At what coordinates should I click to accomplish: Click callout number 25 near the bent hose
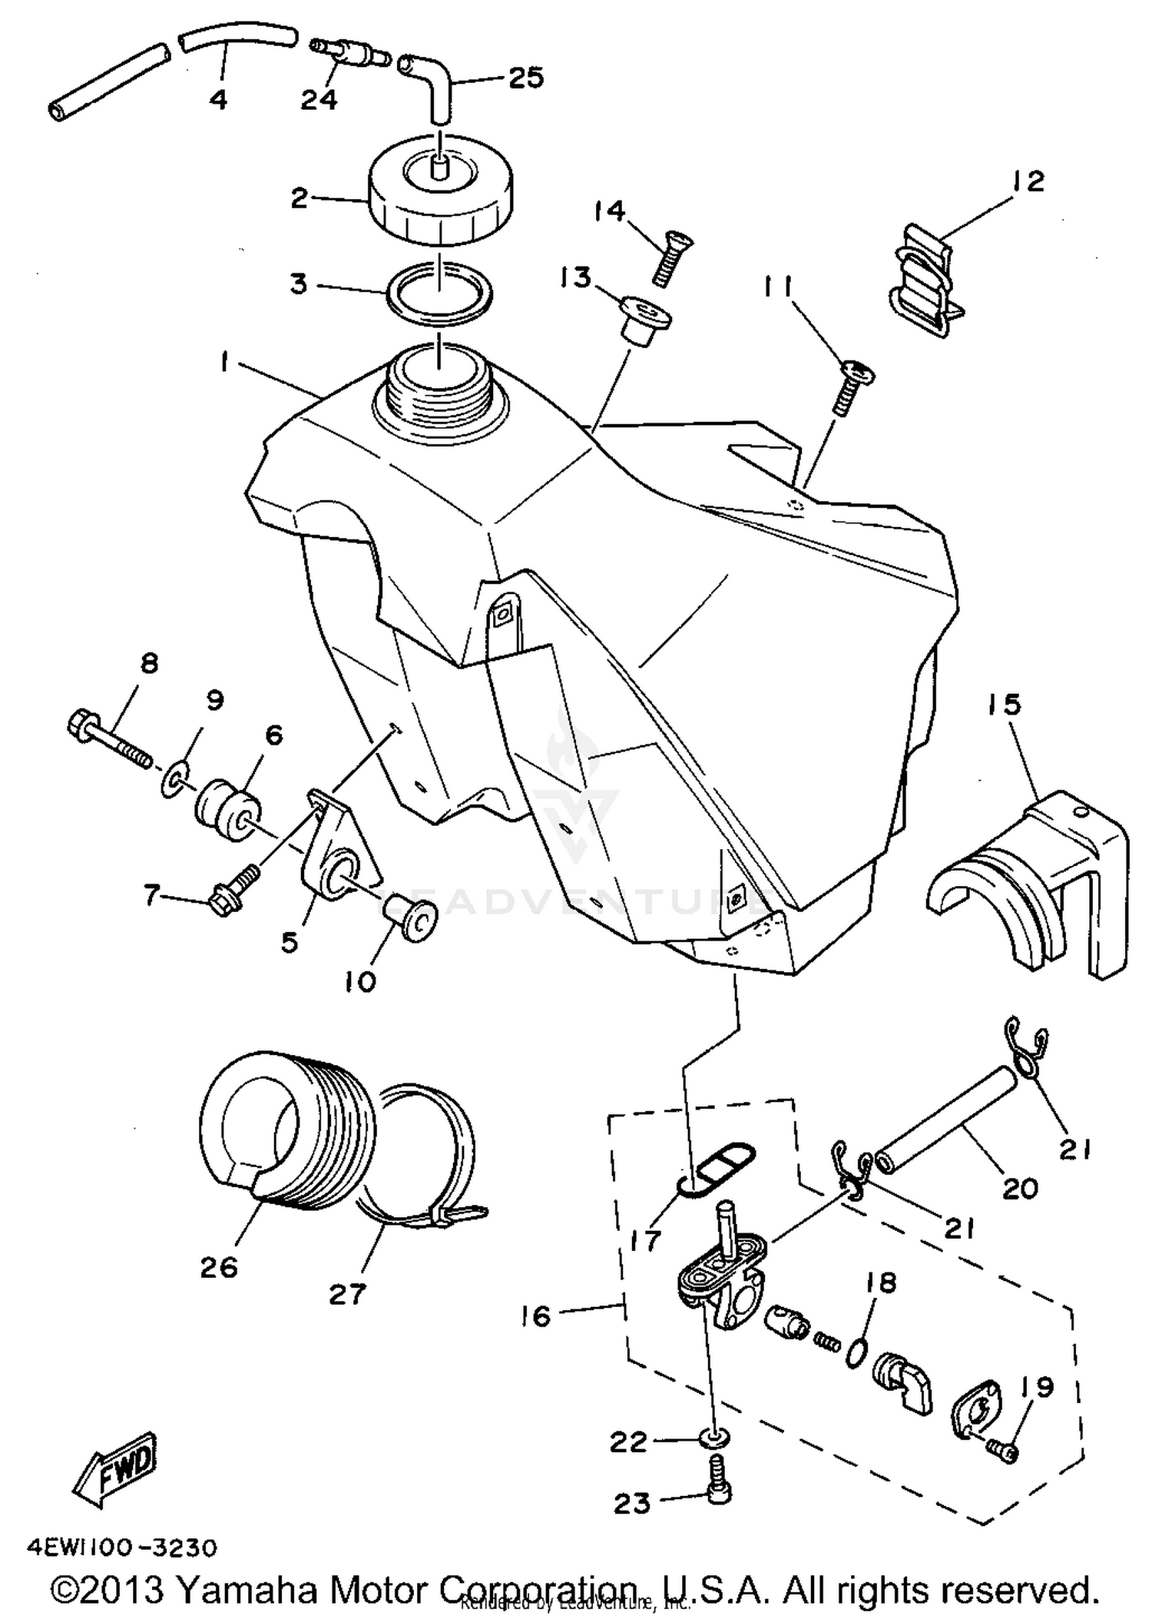point(526,78)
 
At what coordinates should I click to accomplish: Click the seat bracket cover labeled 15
point(1029,884)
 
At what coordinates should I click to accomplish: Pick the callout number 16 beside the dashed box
point(536,1316)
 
